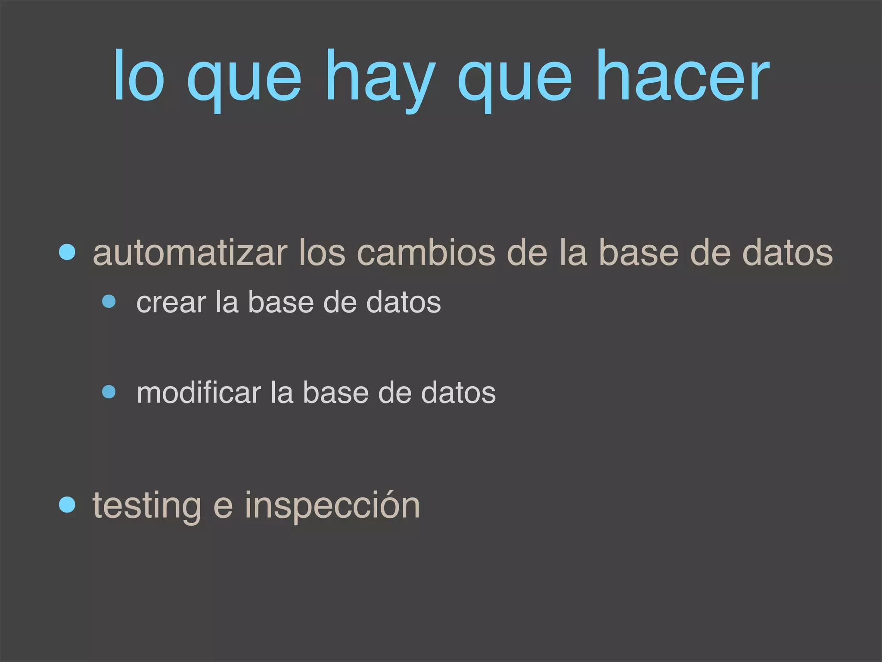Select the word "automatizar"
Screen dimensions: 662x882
click(x=190, y=253)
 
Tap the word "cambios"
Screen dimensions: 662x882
click(x=426, y=253)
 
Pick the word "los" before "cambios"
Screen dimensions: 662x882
click(x=322, y=253)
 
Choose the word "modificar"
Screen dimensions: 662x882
click(x=199, y=393)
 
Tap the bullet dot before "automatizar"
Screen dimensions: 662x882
click(x=67, y=252)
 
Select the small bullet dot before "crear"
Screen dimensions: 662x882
click(x=109, y=301)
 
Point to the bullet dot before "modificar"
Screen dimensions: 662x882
click(x=109, y=392)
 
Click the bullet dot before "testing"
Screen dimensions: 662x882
click(x=67, y=504)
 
